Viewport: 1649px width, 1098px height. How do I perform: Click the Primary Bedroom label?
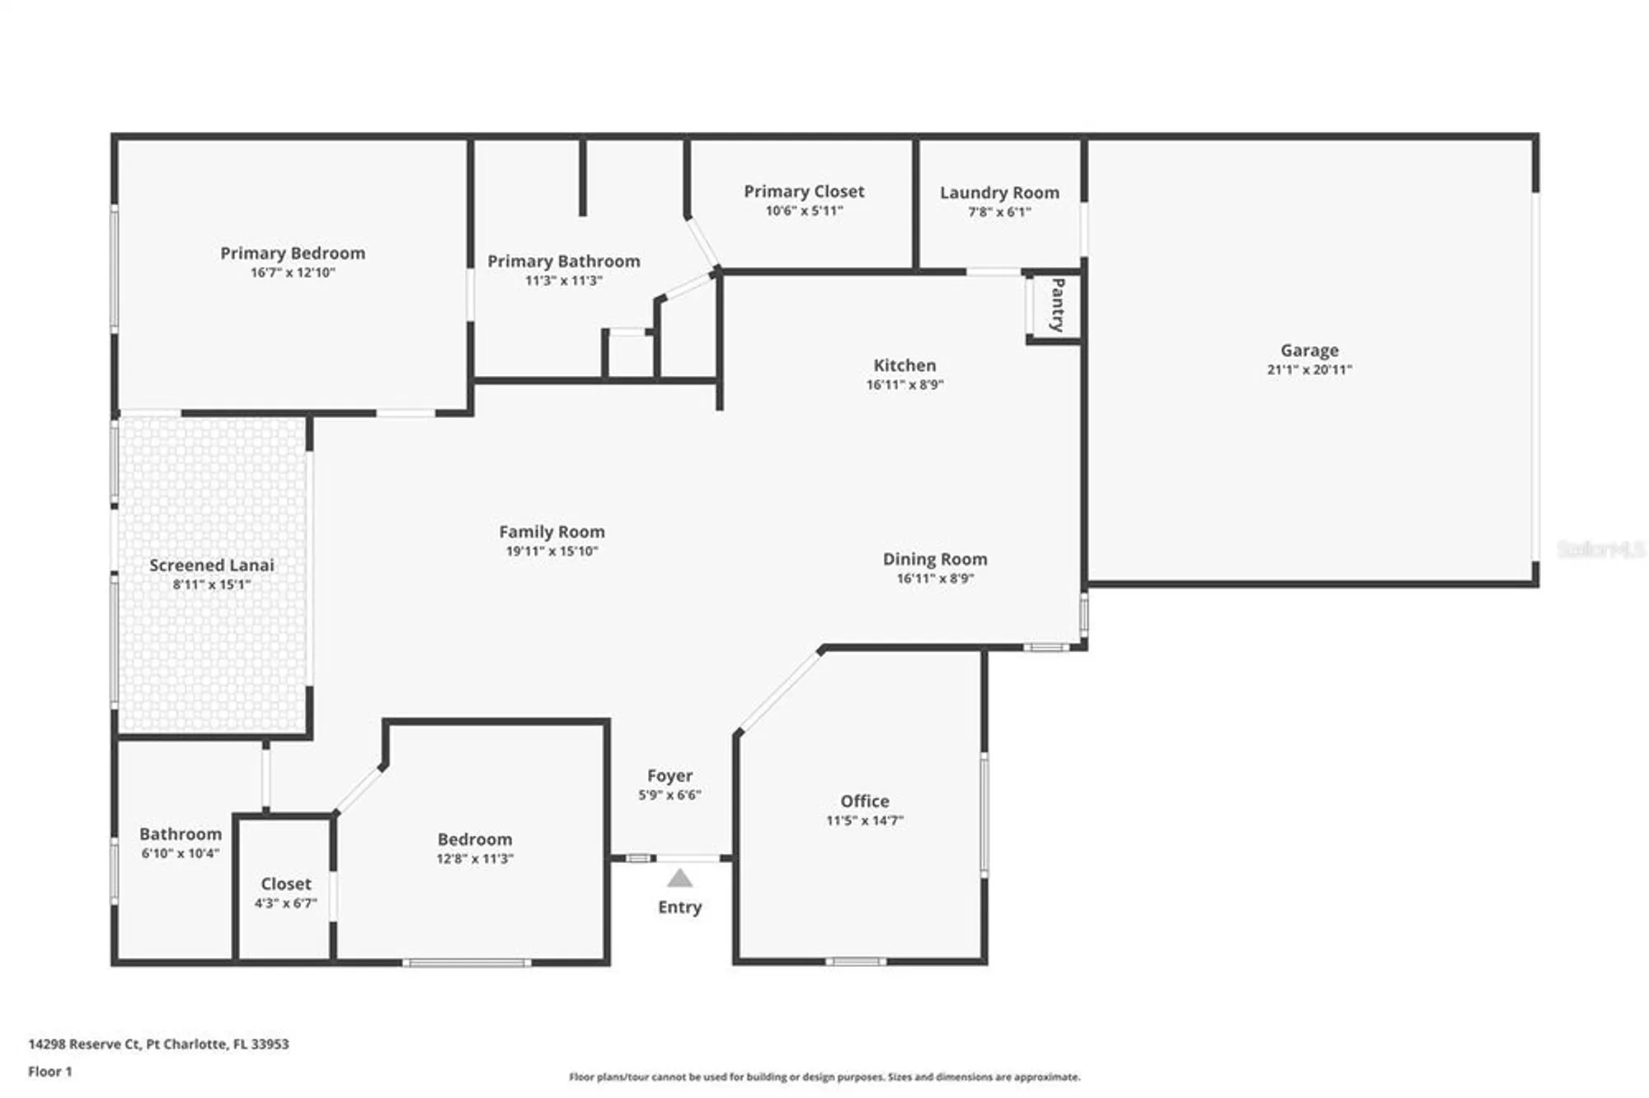click(293, 253)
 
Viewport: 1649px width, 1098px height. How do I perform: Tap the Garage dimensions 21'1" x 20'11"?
click(1309, 370)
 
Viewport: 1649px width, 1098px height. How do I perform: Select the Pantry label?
click(1057, 305)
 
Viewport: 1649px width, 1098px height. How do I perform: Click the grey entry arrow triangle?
click(679, 879)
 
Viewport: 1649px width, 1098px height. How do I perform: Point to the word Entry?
click(679, 907)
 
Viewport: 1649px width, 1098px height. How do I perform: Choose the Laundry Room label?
click(999, 193)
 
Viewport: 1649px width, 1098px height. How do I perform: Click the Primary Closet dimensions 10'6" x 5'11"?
click(804, 211)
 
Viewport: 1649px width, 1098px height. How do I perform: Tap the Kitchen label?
click(904, 365)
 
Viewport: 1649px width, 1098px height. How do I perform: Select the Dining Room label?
click(935, 559)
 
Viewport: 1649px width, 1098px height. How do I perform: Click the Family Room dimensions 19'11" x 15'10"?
click(552, 551)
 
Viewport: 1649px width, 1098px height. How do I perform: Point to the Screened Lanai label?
click(212, 565)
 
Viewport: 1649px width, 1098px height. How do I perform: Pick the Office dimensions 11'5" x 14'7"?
click(865, 821)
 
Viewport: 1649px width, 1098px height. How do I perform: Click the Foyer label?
click(669, 776)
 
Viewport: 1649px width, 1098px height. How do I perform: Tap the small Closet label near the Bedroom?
click(286, 884)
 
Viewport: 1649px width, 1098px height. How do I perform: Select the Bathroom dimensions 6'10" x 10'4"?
click(180, 854)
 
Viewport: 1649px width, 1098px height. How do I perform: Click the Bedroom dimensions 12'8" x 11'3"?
click(475, 859)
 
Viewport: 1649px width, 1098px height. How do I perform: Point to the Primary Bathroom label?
click(564, 261)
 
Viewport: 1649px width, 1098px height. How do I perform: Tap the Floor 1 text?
click(50, 1072)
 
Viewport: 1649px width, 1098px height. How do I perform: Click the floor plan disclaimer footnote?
click(824, 1077)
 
